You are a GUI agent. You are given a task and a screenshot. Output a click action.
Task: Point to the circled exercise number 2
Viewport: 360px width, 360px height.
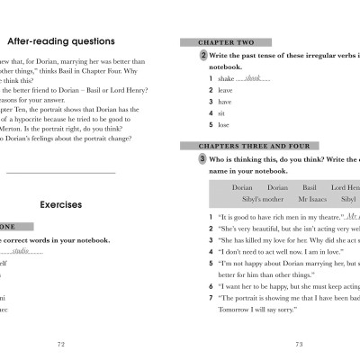click(204, 55)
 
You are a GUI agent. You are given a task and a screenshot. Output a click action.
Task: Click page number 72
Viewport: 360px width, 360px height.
click(60, 343)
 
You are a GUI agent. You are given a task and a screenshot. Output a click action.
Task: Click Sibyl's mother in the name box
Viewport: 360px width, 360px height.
click(256, 199)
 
